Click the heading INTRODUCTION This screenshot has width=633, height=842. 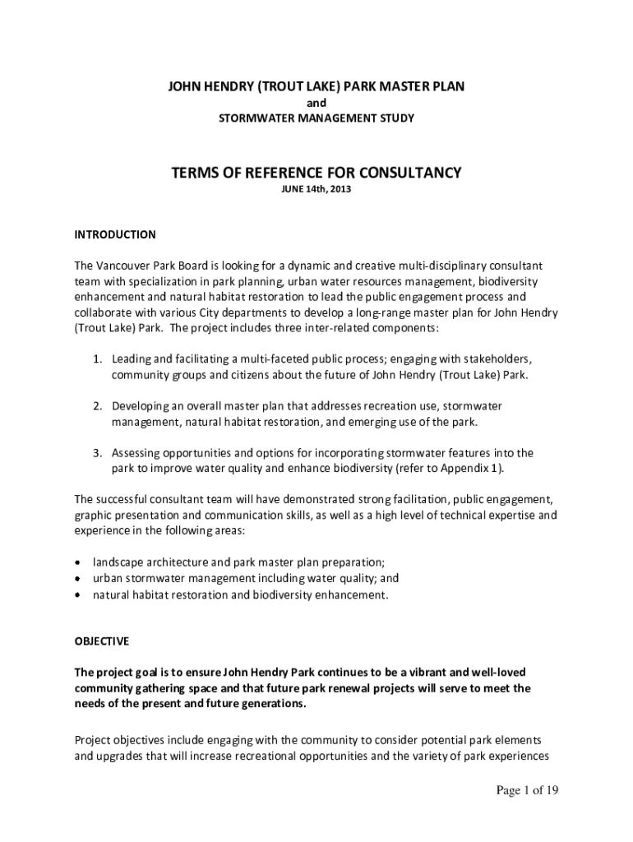(x=115, y=234)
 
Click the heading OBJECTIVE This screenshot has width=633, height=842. (x=102, y=641)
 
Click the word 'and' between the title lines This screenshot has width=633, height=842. (x=316, y=103)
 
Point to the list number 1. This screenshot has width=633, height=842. (x=96, y=359)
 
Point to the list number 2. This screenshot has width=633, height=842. (x=96, y=406)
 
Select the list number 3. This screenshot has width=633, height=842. (x=96, y=453)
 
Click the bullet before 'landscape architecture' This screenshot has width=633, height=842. (x=78, y=562)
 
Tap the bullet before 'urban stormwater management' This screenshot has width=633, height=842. (x=78, y=578)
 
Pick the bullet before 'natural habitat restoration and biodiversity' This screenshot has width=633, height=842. (x=78, y=594)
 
